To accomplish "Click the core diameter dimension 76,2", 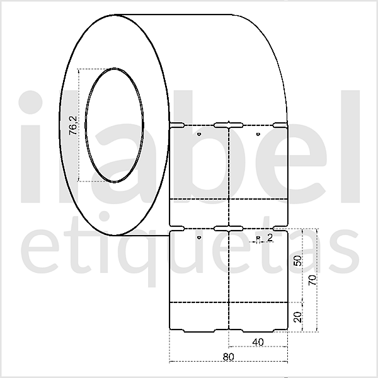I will pos(73,125).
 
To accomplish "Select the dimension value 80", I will pos(229,357).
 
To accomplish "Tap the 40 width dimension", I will pos(258,341).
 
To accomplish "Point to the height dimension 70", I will pos(312,280).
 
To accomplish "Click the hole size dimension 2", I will pos(270,238).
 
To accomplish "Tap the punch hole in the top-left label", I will pos(199,134).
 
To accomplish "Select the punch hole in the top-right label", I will pos(258,134).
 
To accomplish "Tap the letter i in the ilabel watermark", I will pos(31,151).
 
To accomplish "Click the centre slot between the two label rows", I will pos(229,227).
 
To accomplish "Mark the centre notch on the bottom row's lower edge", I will pos(229,329).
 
